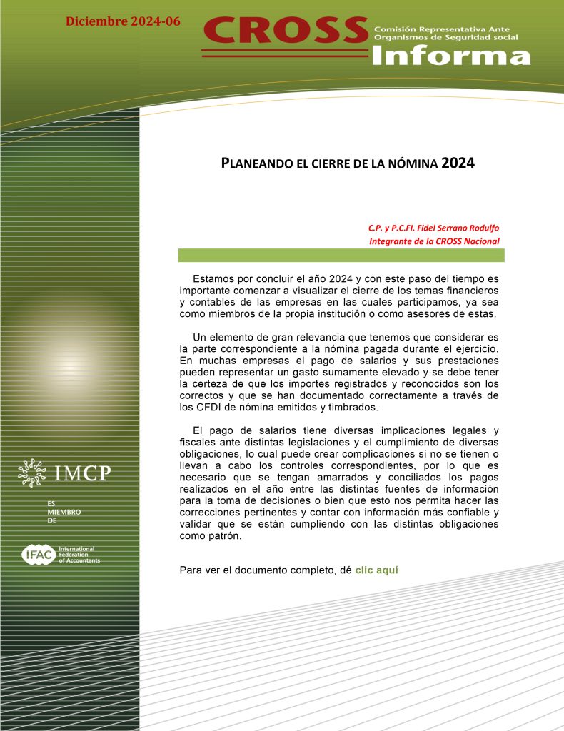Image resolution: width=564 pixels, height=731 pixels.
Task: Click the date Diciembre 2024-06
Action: (123, 21)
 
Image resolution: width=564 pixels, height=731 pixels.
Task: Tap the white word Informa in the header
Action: (451, 55)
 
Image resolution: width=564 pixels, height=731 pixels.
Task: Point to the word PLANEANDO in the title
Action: (257, 163)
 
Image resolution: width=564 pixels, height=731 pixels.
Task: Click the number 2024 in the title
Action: (458, 163)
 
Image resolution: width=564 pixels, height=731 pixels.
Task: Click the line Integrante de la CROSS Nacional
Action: (434, 241)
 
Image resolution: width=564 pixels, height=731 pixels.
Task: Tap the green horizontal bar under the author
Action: (341, 255)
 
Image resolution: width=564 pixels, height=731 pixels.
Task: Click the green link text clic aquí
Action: (376, 570)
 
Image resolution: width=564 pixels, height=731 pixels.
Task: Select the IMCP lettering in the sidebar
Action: (83, 473)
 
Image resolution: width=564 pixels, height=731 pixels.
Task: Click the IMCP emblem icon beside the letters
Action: (34, 473)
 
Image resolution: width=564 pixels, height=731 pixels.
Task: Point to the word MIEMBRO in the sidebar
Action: (64, 512)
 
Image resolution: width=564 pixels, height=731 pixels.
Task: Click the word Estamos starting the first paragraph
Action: (213, 277)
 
